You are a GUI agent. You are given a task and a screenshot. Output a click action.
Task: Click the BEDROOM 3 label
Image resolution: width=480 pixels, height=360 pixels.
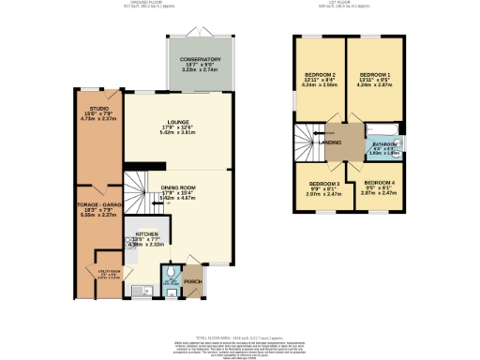(x=323, y=182)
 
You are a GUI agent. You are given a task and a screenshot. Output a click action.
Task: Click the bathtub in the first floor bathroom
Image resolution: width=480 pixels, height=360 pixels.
(x=382, y=128)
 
